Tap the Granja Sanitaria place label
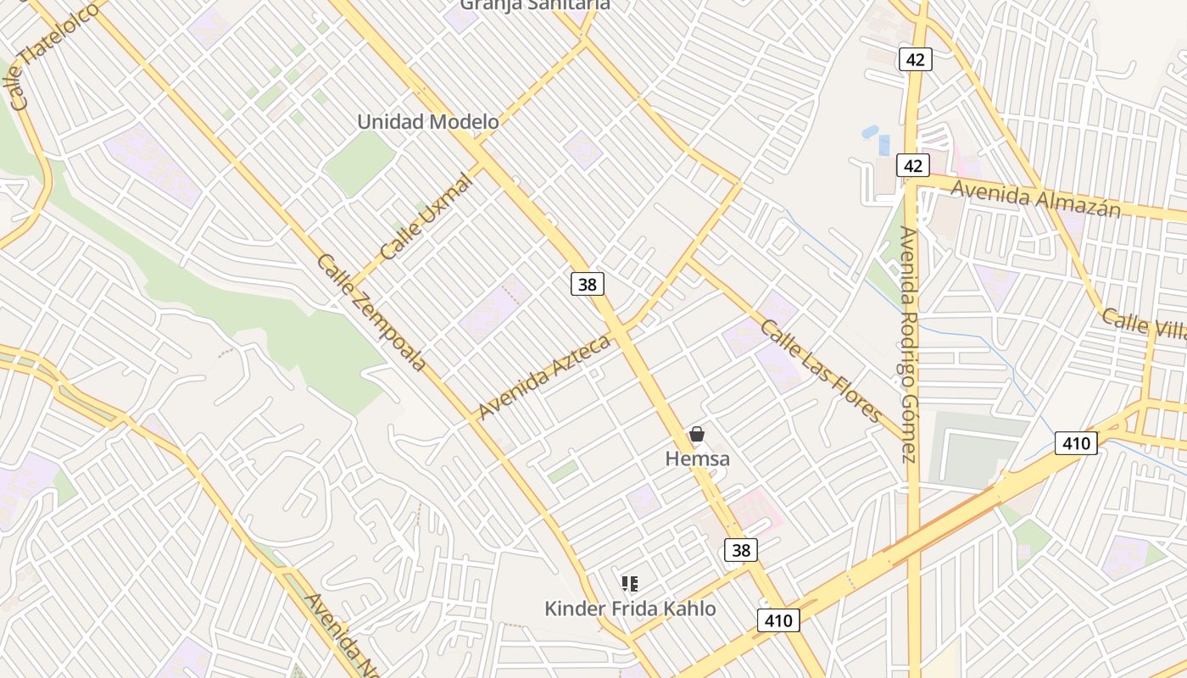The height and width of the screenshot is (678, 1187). [x=535, y=5]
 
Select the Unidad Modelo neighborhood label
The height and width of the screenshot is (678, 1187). [x=428, y=121]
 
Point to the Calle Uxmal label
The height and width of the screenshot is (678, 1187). [x=426, y=217]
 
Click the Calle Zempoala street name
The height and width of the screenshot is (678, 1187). [x=371, y=312]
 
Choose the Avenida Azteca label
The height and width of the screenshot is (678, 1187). [x=543, y=377]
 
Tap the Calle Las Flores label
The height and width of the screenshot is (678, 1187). [x=821, y=370]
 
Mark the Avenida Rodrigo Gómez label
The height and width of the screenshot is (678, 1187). [x=908, y=344]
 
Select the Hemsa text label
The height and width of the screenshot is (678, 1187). [x=697, y=458]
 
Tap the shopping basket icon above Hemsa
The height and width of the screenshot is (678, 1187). [x=697, y=435]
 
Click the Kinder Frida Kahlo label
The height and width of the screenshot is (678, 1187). [x=630, y=609]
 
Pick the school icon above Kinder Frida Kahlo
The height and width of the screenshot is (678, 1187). [x=630, y=583]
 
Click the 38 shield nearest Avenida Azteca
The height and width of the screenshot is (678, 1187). [x=587, y=285]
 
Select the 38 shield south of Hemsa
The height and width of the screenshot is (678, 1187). [x=741, y=550]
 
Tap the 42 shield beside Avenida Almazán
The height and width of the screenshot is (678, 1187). [x=912, y=165]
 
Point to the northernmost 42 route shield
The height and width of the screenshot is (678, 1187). [x=916, y=58]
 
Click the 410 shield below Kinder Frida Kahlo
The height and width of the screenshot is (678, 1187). [x=777, y=621]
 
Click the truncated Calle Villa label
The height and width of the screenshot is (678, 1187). [x=1144, y=324]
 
